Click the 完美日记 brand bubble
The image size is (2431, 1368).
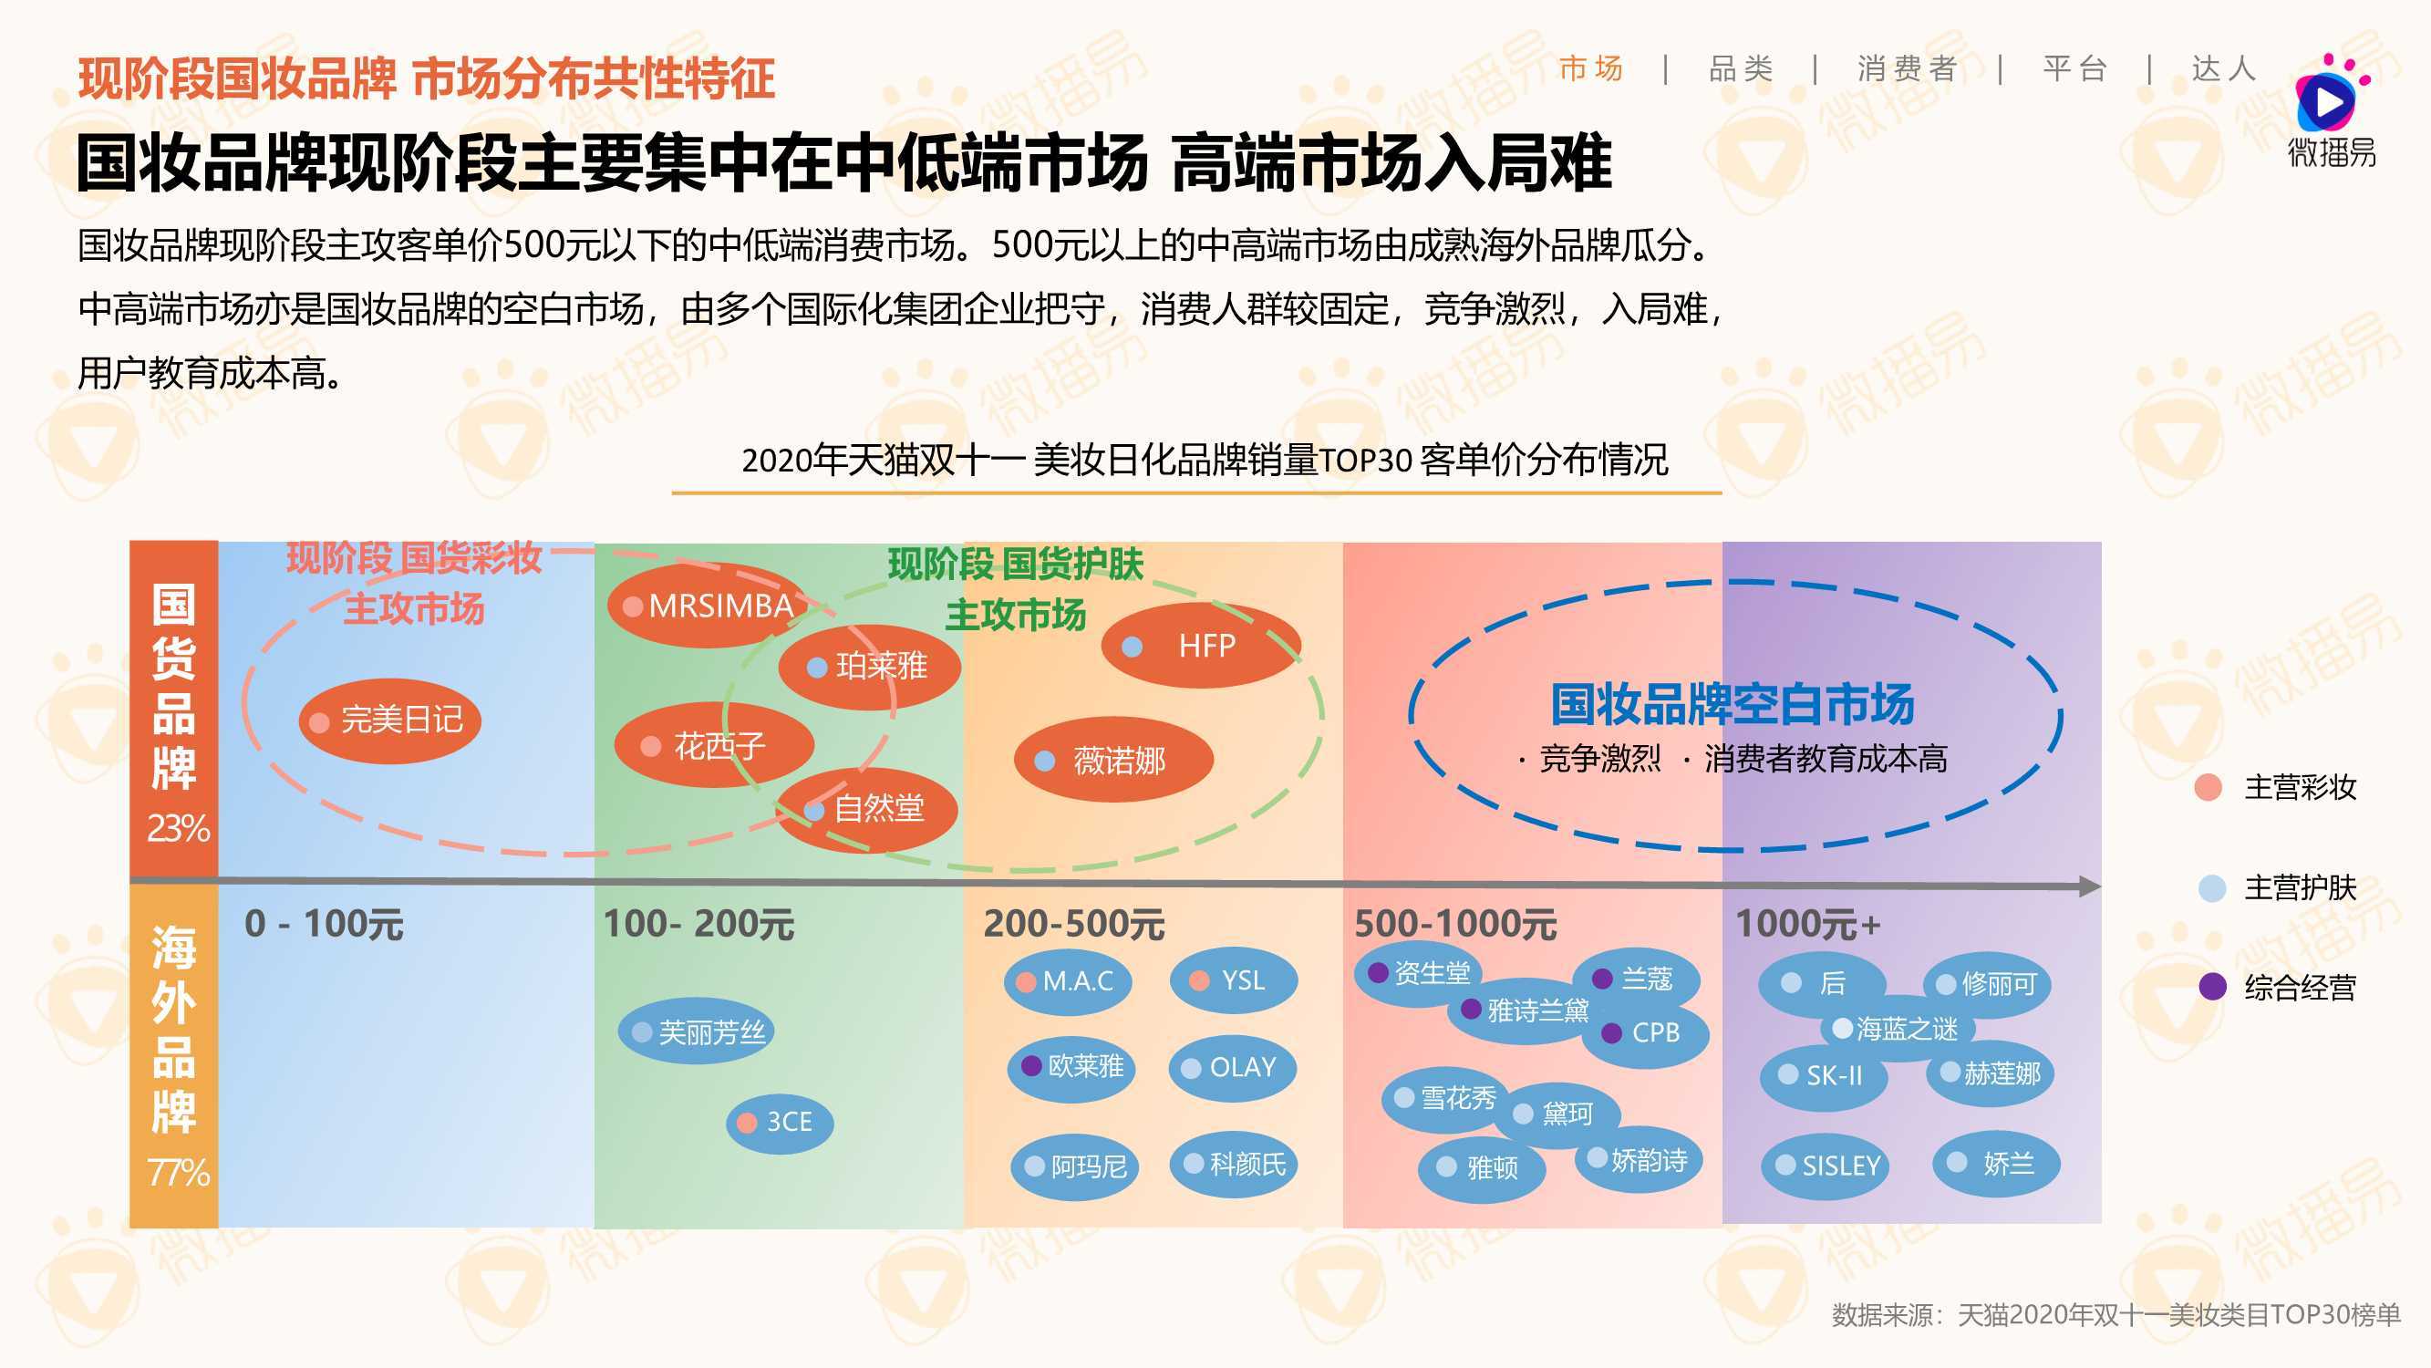[x=389, y=720]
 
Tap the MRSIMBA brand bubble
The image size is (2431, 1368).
[x=709, y=606]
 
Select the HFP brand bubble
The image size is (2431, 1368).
[x=1200, y=646]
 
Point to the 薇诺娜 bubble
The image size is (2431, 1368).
[x=1113, y=760]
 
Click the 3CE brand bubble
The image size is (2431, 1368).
[x=780, y=1122]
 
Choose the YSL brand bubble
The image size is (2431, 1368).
[x=1234, y=981]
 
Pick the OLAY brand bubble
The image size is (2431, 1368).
[x=1233, y=1068]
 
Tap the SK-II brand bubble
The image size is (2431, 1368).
[x=1824, y=1075]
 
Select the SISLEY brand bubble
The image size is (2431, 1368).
[x=1827, y=1166]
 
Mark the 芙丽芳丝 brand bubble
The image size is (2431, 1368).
[x=697, y=1031]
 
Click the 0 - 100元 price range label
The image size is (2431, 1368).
[x=324, y=924]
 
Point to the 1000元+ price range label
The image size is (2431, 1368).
[x=1807, y=924]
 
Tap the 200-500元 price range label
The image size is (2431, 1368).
[x=1074, y=924]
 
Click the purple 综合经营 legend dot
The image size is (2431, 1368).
[x=2212, y=988]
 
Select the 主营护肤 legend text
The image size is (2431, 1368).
[x=2300, y=887]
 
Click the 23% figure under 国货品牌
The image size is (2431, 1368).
[x=178, y=828]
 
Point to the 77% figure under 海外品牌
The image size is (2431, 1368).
[x=178, y=1173]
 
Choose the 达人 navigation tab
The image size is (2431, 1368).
[x=2223, y=69]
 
